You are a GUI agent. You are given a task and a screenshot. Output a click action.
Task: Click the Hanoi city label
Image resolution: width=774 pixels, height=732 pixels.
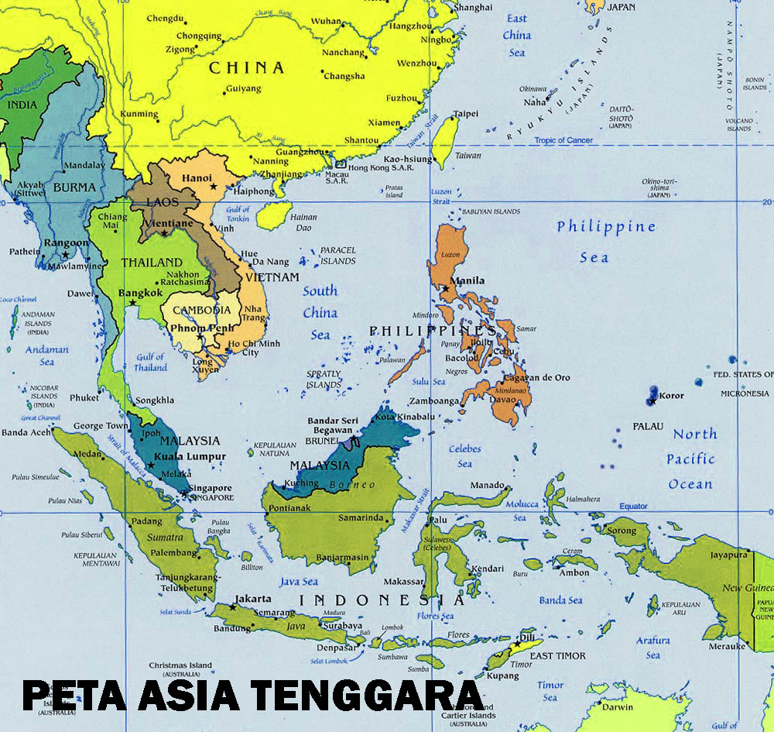tap(197, 177)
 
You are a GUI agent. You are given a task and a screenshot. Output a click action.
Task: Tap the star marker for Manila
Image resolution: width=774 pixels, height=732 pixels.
tap(446, 289)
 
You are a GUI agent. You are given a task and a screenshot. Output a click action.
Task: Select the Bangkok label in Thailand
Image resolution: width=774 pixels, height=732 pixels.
tap(140, 294)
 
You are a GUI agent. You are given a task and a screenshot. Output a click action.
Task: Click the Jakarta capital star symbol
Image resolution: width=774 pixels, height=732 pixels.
tap(232, 607)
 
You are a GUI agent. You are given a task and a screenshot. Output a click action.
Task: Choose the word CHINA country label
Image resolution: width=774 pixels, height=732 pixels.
tap(247, 67)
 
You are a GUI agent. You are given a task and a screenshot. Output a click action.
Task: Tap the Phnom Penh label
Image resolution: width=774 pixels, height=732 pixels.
tap(198, 328)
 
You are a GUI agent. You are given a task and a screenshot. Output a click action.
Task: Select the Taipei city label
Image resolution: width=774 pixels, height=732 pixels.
tap(465, 113)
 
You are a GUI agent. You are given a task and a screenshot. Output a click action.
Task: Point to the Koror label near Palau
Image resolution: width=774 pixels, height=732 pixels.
tap(671, 396)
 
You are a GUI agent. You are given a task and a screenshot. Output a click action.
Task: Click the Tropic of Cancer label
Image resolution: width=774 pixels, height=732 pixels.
tap(565, 140)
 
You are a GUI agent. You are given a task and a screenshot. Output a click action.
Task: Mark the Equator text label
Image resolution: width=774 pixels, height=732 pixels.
tap(632, 506)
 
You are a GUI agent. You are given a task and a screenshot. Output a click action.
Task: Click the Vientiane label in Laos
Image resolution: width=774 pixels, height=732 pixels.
tap(168, 223)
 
